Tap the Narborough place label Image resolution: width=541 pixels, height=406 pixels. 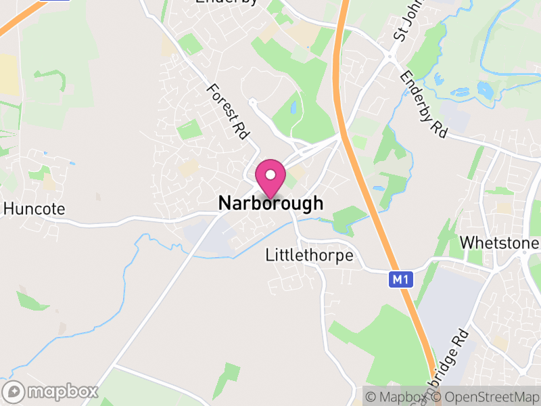270,203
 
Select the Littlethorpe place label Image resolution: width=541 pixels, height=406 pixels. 310,256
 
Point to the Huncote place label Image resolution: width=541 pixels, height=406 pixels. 34,209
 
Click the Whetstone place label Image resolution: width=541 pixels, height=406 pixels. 500,243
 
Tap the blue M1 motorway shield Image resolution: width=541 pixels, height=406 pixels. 400,279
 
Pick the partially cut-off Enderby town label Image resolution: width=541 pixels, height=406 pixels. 227,2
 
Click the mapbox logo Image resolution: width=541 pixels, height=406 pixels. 51,392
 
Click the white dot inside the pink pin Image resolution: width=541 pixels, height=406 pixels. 270,175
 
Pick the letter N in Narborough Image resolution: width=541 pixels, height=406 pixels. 225,203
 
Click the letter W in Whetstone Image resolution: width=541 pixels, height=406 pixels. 466,243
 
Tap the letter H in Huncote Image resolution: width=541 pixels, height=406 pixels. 8,209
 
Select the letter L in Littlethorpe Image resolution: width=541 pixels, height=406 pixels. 269,256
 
